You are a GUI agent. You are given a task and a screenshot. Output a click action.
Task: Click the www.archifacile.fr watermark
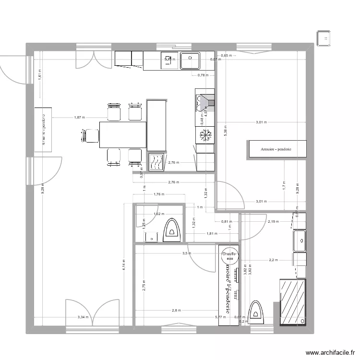pos(330,351)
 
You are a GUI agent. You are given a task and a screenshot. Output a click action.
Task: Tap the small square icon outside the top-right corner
pos(324,38)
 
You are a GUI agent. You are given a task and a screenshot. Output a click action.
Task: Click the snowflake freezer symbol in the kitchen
pos(205,135)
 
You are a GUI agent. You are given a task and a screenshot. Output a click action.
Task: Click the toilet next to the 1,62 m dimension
pos(171,230)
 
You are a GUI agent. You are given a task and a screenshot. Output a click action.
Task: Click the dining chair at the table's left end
pos(90,135)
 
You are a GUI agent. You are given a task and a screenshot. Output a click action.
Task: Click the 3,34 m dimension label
pos(83,317)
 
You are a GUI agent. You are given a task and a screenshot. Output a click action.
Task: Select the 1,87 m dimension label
pos(79,117)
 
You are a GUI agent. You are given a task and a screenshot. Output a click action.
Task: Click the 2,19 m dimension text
pos(273,222)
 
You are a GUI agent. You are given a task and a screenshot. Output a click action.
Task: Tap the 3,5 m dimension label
pos(186,253)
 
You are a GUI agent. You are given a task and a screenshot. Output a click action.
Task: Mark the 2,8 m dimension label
pos(177,310)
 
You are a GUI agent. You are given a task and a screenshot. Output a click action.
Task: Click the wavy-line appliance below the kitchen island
pos(157,162)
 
